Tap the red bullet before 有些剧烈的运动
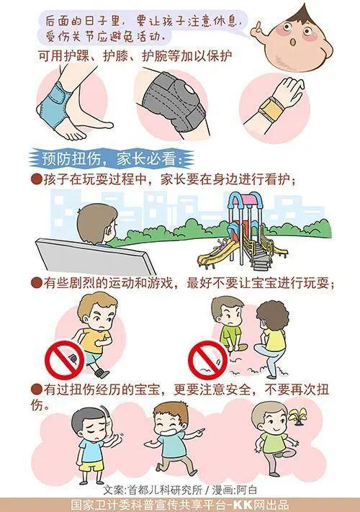[36, 284]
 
